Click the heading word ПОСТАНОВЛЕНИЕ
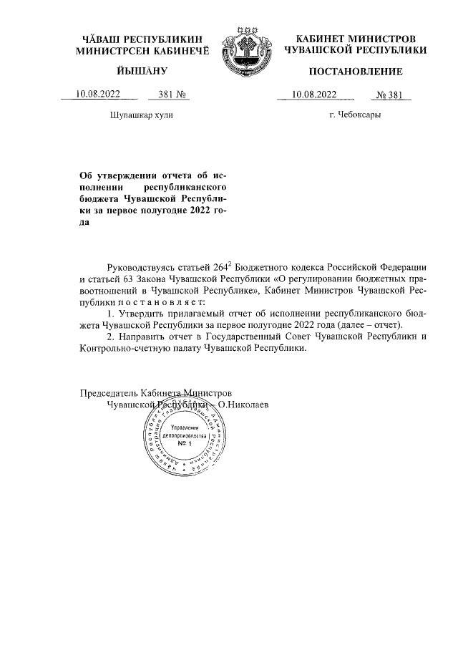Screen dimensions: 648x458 pyautogui.click(x=355, y=71)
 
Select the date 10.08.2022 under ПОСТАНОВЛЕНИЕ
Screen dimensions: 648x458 pyautogui.click(x=315, y=94)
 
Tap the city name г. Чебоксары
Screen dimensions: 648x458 pyautogui.click(x=354, y=115)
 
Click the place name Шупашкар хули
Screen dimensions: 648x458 pyautogui.click(x=141, y=115)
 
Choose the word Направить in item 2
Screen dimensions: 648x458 pyautogui.click(x=142, y=337)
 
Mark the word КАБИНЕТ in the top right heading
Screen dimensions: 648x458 pyautogui.click(x=319, y=37)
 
